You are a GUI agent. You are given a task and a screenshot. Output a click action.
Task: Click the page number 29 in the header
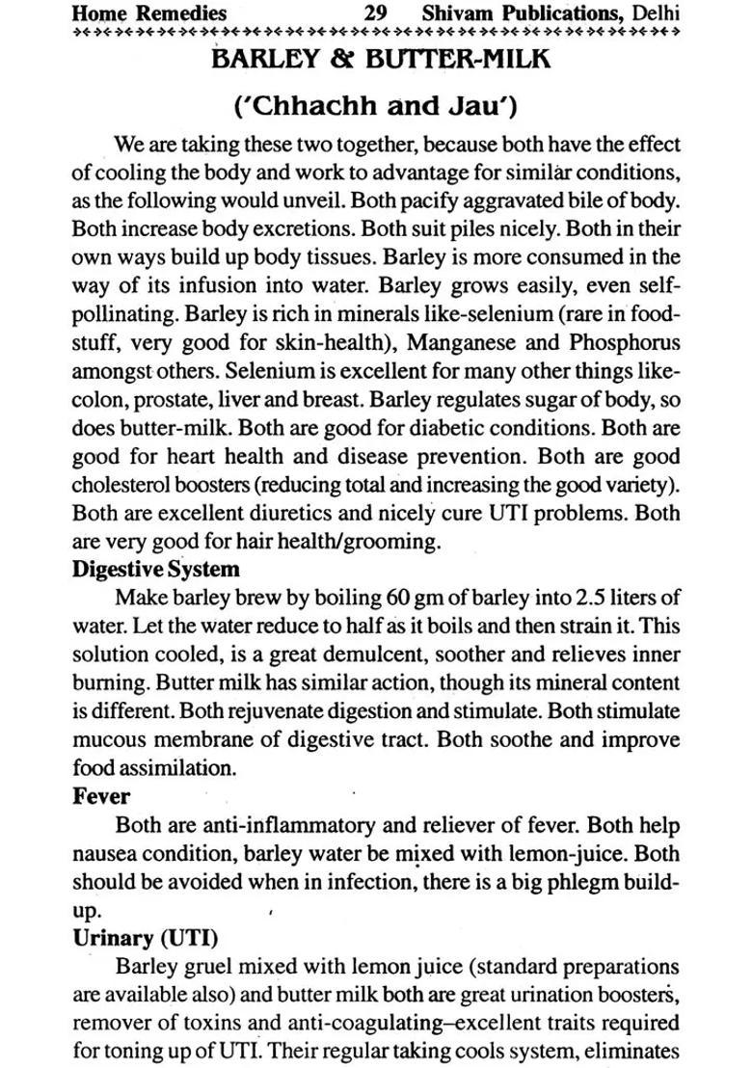376,13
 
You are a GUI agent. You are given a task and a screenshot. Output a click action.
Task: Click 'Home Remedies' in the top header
149,13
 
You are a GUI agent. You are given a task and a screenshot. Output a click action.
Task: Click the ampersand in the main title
338,58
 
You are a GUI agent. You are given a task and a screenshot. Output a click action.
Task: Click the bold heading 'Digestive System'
156,569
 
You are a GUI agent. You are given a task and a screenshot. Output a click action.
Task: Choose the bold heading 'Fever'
101,797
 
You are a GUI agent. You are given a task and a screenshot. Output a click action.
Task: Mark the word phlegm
565,882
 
